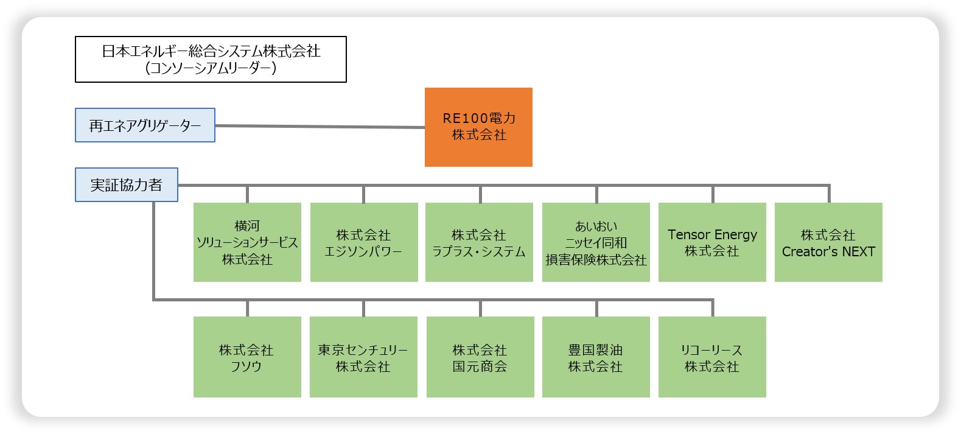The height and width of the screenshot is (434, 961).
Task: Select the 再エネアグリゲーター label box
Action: (x=145, y=125)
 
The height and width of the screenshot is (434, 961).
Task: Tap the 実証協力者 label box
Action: (x=127, y=185)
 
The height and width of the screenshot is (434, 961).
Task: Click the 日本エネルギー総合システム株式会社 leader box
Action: (x=211, y=59)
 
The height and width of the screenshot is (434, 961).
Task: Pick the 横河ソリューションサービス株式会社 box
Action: (x=247, y=242)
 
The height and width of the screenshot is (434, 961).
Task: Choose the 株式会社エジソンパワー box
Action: (x=363, y=242)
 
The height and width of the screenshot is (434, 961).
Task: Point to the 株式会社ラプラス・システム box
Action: (x=479, y=242)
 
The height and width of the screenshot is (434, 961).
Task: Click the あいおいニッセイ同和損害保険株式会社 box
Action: (x=596, y=242)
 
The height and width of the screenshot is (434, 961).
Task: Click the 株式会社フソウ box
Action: (x=247, y=357)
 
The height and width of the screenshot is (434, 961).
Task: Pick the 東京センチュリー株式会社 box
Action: (x=363, y=357)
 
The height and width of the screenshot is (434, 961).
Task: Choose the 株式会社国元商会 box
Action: (x=480, y=357)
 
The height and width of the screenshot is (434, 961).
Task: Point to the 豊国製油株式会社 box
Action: (x=596, y=357)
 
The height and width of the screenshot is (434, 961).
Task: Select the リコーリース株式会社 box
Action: (x=712, y=357)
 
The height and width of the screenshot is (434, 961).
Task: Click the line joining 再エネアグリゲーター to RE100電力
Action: (x=320, y=127)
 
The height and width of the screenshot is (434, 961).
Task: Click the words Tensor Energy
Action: (x=712, y=234)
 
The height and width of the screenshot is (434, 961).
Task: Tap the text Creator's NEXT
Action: (x=828, y=251)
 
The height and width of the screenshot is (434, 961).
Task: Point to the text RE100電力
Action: (x=479, y=118)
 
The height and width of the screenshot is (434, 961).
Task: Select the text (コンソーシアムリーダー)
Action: (x=211, y=68)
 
